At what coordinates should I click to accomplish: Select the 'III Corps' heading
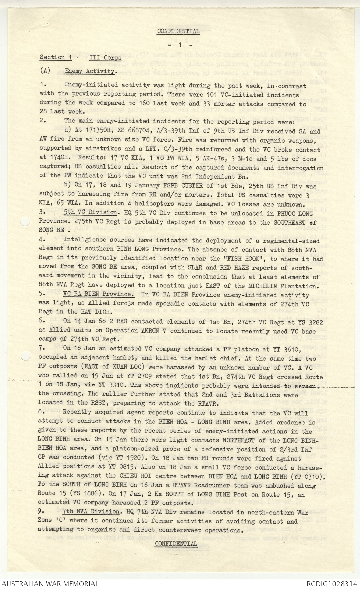point(105,57)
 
